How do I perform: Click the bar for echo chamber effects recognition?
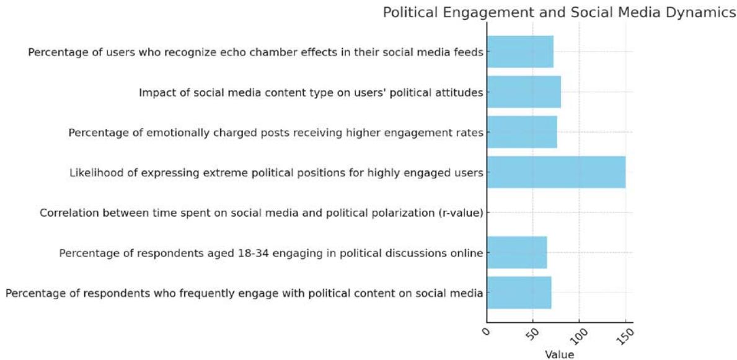click(x=520, y=52)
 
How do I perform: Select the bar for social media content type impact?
click(x=524, y=92)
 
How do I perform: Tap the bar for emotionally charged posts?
click(x=522, y=132)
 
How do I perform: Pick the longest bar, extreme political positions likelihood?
click(x=556, y=172)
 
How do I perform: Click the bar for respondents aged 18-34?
click(x=517, y=252)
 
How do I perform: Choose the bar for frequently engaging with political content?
click(x=519, y=292)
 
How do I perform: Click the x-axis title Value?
click(x=559, y=354)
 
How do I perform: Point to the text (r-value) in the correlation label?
click(x=460, y=213)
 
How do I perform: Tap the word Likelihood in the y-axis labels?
click(x=94, y=172)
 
